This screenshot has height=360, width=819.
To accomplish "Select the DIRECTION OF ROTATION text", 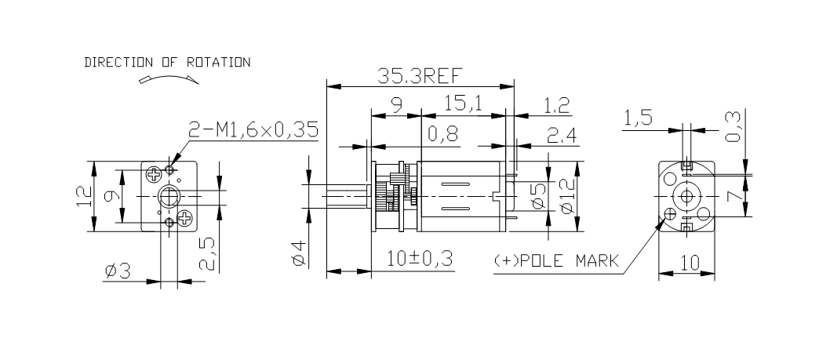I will point(167,62).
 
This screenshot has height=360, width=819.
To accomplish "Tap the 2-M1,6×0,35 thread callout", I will point(253,130).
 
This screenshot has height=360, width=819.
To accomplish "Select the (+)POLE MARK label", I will point(556,260).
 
